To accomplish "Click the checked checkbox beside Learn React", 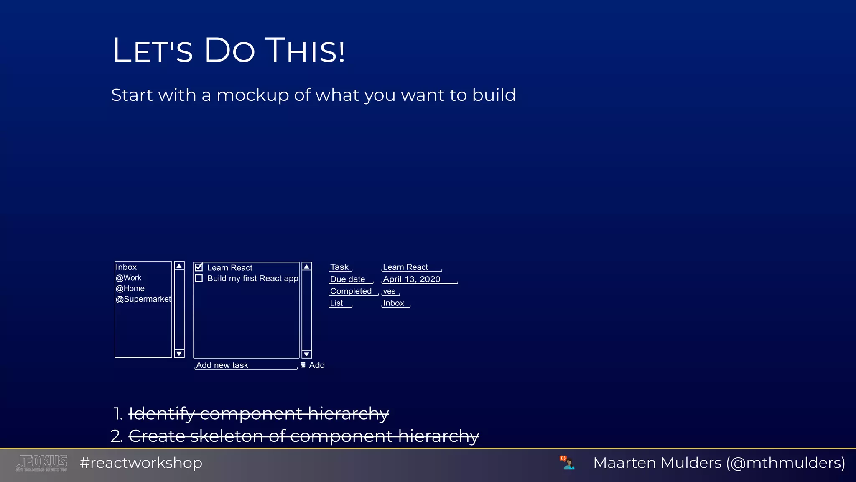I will [199, 267].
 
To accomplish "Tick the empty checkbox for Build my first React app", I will [199, 278].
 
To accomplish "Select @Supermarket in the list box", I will [143, 299].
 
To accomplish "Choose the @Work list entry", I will [129, 278].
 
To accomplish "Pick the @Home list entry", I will [130, 289].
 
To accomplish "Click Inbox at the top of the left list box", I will [126, 267].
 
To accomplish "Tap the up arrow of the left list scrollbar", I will [179, 266].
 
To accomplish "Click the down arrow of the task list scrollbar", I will [307, 354].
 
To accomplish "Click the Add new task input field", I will [246, 365].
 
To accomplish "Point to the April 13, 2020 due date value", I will [412, 279].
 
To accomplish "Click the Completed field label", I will [351, 291].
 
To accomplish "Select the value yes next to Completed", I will [389, 291].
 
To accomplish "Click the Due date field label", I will [348, 279].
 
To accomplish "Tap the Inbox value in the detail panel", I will [394, 303].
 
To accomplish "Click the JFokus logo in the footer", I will [42, 463].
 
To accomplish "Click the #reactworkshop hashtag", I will [141, 463].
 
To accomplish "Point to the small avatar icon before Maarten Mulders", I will [567, 463].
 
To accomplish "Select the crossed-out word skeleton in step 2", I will [226, 436].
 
